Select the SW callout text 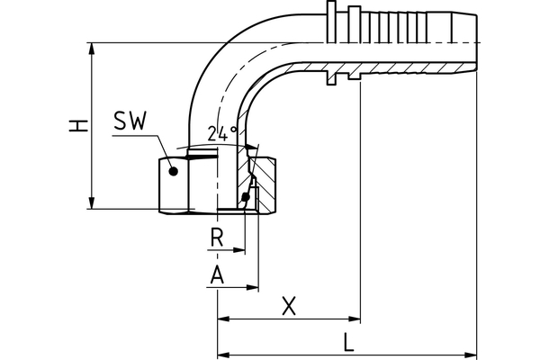pos(132,121)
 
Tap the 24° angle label pos(221,133)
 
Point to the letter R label pos(216,238)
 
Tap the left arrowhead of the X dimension pos(222,319)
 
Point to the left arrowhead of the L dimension pos(222,354)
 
